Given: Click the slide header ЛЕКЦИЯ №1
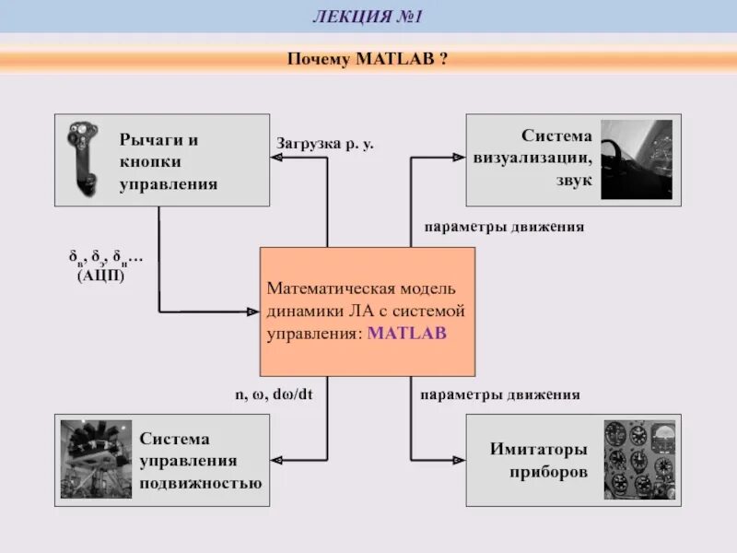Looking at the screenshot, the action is [x=368, y=16].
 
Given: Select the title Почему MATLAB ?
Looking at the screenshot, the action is [x=368, y=60].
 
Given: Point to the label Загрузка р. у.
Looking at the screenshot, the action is [x=324, y=144].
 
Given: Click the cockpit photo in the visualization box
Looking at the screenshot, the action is [x=637, y=159].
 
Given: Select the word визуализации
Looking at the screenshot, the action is [x=534, y=159].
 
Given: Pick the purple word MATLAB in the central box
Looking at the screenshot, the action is [x=406, y=333].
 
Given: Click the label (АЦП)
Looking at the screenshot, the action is [x=100, y=275].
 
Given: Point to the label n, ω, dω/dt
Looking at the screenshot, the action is [x=273, y=394].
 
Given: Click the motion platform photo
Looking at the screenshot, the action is [x=97, y=459].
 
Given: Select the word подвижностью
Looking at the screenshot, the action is [x=201, y=482].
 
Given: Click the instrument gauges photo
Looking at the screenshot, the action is [x=640, y=459].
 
